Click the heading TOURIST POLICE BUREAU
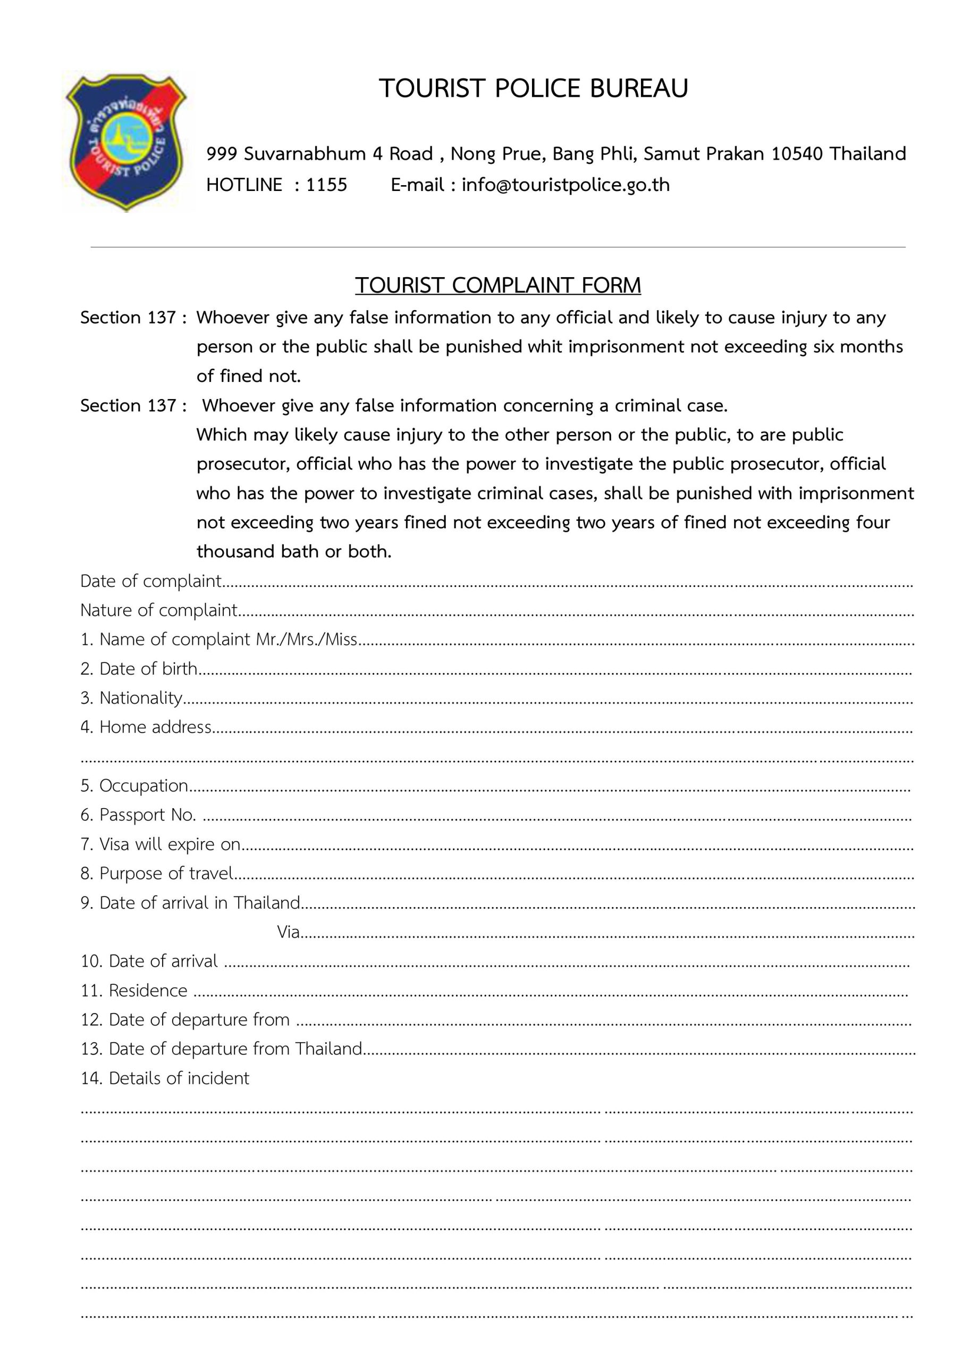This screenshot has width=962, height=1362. pyautogui.click(x=534, y=88)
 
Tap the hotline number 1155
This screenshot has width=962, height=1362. pyautogui.click(x=326, y=185)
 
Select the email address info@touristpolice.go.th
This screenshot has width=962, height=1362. pyautogui.click(x=566, y=185)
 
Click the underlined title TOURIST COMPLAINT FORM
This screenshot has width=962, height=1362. pyautogui.click(x=498, y=285)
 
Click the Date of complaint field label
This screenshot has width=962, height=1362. pyautogui.click(x=150, y=582)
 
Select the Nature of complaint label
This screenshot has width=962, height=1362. pyautogui.click(x=158, y=610)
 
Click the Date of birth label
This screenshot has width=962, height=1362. pyautogui.click(x=148, y=669)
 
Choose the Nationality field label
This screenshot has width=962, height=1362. pyautogui.click(x=140, y=698)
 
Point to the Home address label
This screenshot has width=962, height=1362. pyautogui.click(x=155, y=727)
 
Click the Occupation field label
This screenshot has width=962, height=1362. pyautogui.click(x=144, y=786)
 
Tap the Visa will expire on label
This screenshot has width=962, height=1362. pyautogui.click(x=170, y=844)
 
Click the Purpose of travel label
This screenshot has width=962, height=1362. pyautogui.click(x=166, y=874)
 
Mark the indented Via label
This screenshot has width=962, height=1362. pyautogui.click(x=288, y=932)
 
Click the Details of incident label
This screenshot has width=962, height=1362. pyautogui.click(x=179, y=1078)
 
